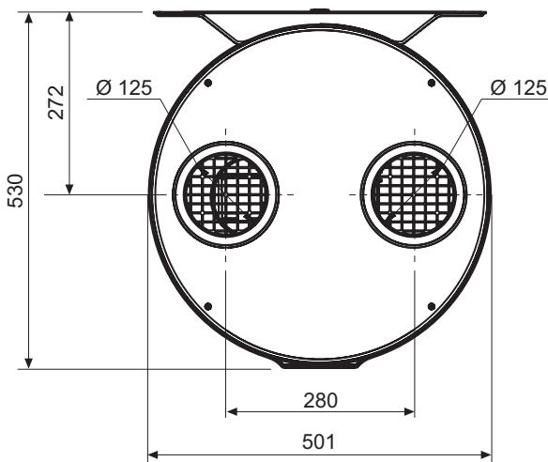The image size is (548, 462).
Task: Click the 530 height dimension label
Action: point(15,191)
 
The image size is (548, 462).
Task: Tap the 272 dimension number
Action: point(56,102)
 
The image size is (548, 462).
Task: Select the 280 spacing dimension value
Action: point(321,400)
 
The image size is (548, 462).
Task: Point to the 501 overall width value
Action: point(318,441)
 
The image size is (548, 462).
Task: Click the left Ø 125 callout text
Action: point(124,87)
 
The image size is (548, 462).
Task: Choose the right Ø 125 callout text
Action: point(519,87)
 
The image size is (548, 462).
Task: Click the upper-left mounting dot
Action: point(208,83)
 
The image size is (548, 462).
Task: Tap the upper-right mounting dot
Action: point(432,83)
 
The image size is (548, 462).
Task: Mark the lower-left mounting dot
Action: point(208,307)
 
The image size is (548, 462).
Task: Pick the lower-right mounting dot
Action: point(432,307)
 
